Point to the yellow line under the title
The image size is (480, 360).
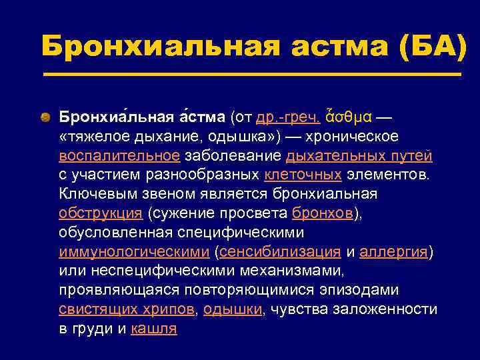252,74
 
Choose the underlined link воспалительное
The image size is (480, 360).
119,156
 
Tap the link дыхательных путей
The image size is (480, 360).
359,156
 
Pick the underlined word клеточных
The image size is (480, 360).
303,175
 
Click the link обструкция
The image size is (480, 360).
101,213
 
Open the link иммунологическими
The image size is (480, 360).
134,252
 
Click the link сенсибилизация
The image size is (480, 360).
280,252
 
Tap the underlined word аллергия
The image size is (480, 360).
394,252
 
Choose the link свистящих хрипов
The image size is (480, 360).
127,309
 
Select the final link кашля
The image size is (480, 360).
154,329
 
